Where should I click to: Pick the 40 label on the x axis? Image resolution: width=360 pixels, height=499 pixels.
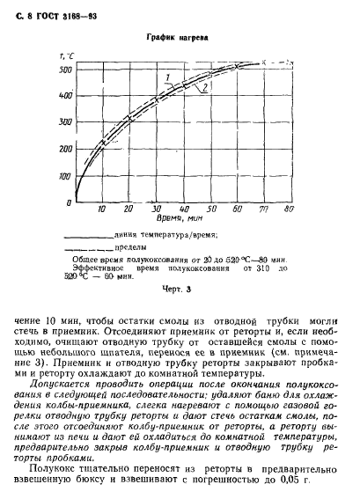click(183, 211)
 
